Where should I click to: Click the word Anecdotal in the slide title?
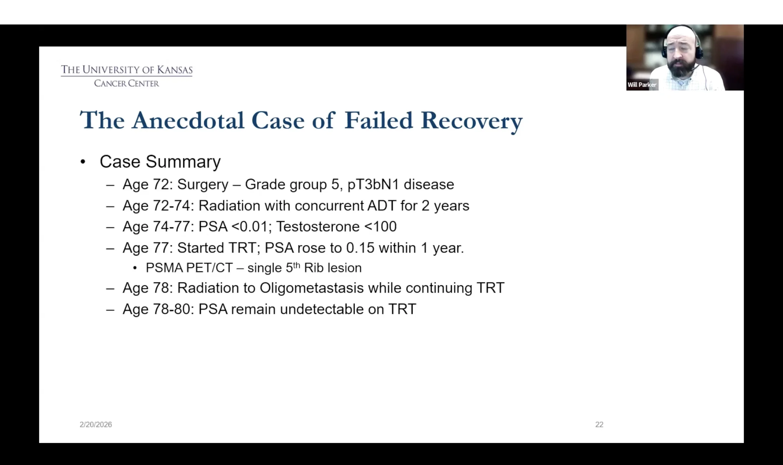coord(188,120)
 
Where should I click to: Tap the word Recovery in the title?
coord(472,122)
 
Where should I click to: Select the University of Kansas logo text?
coord(127,70)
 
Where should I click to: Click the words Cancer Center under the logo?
coord(127,83)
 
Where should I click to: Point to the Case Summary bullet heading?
coord(160,162)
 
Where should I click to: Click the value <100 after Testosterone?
coord(380,227)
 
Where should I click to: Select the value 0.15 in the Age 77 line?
coord(360,248)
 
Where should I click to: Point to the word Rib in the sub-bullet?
coord(314,268)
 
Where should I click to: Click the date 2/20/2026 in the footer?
coord(95,425)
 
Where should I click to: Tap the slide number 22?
coord(599,425)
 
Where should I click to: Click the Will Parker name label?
coord(642,85)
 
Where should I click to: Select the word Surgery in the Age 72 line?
coord(203,184)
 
